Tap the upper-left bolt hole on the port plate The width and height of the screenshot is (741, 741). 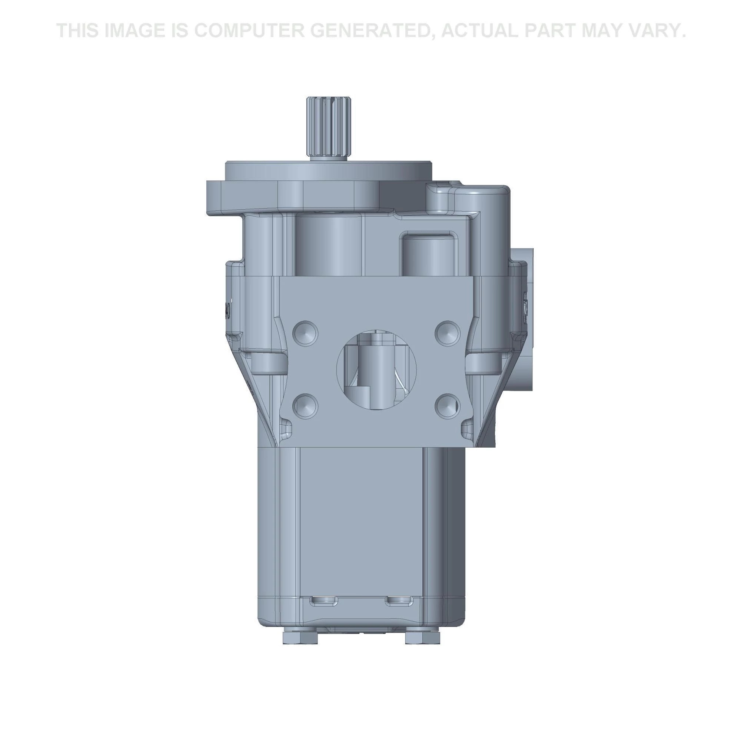[305, 332]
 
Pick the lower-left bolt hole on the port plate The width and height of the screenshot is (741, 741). [305, 406]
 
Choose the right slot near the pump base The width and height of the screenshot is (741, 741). [399, 601]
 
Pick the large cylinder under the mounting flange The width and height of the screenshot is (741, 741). [329, 246]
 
